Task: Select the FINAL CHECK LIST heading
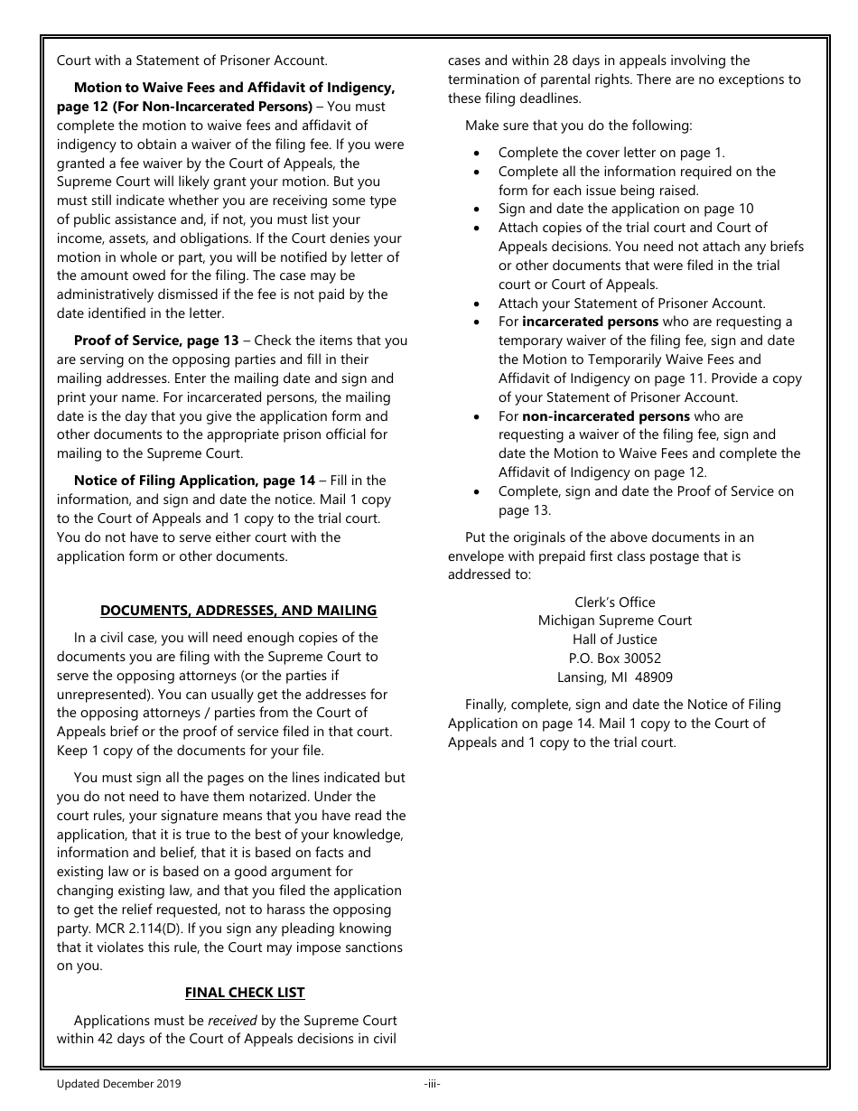(245, 993)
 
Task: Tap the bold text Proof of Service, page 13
(156, 341)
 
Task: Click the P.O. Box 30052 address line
(614, 658)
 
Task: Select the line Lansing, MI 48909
(614, 677)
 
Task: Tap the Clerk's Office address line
(614, 602)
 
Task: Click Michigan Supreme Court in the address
(614, 621)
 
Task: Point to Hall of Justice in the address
(614, 640)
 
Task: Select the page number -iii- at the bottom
(432, 1083)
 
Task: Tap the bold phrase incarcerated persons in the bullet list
(591, 322)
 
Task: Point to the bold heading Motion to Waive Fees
(234, 89)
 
